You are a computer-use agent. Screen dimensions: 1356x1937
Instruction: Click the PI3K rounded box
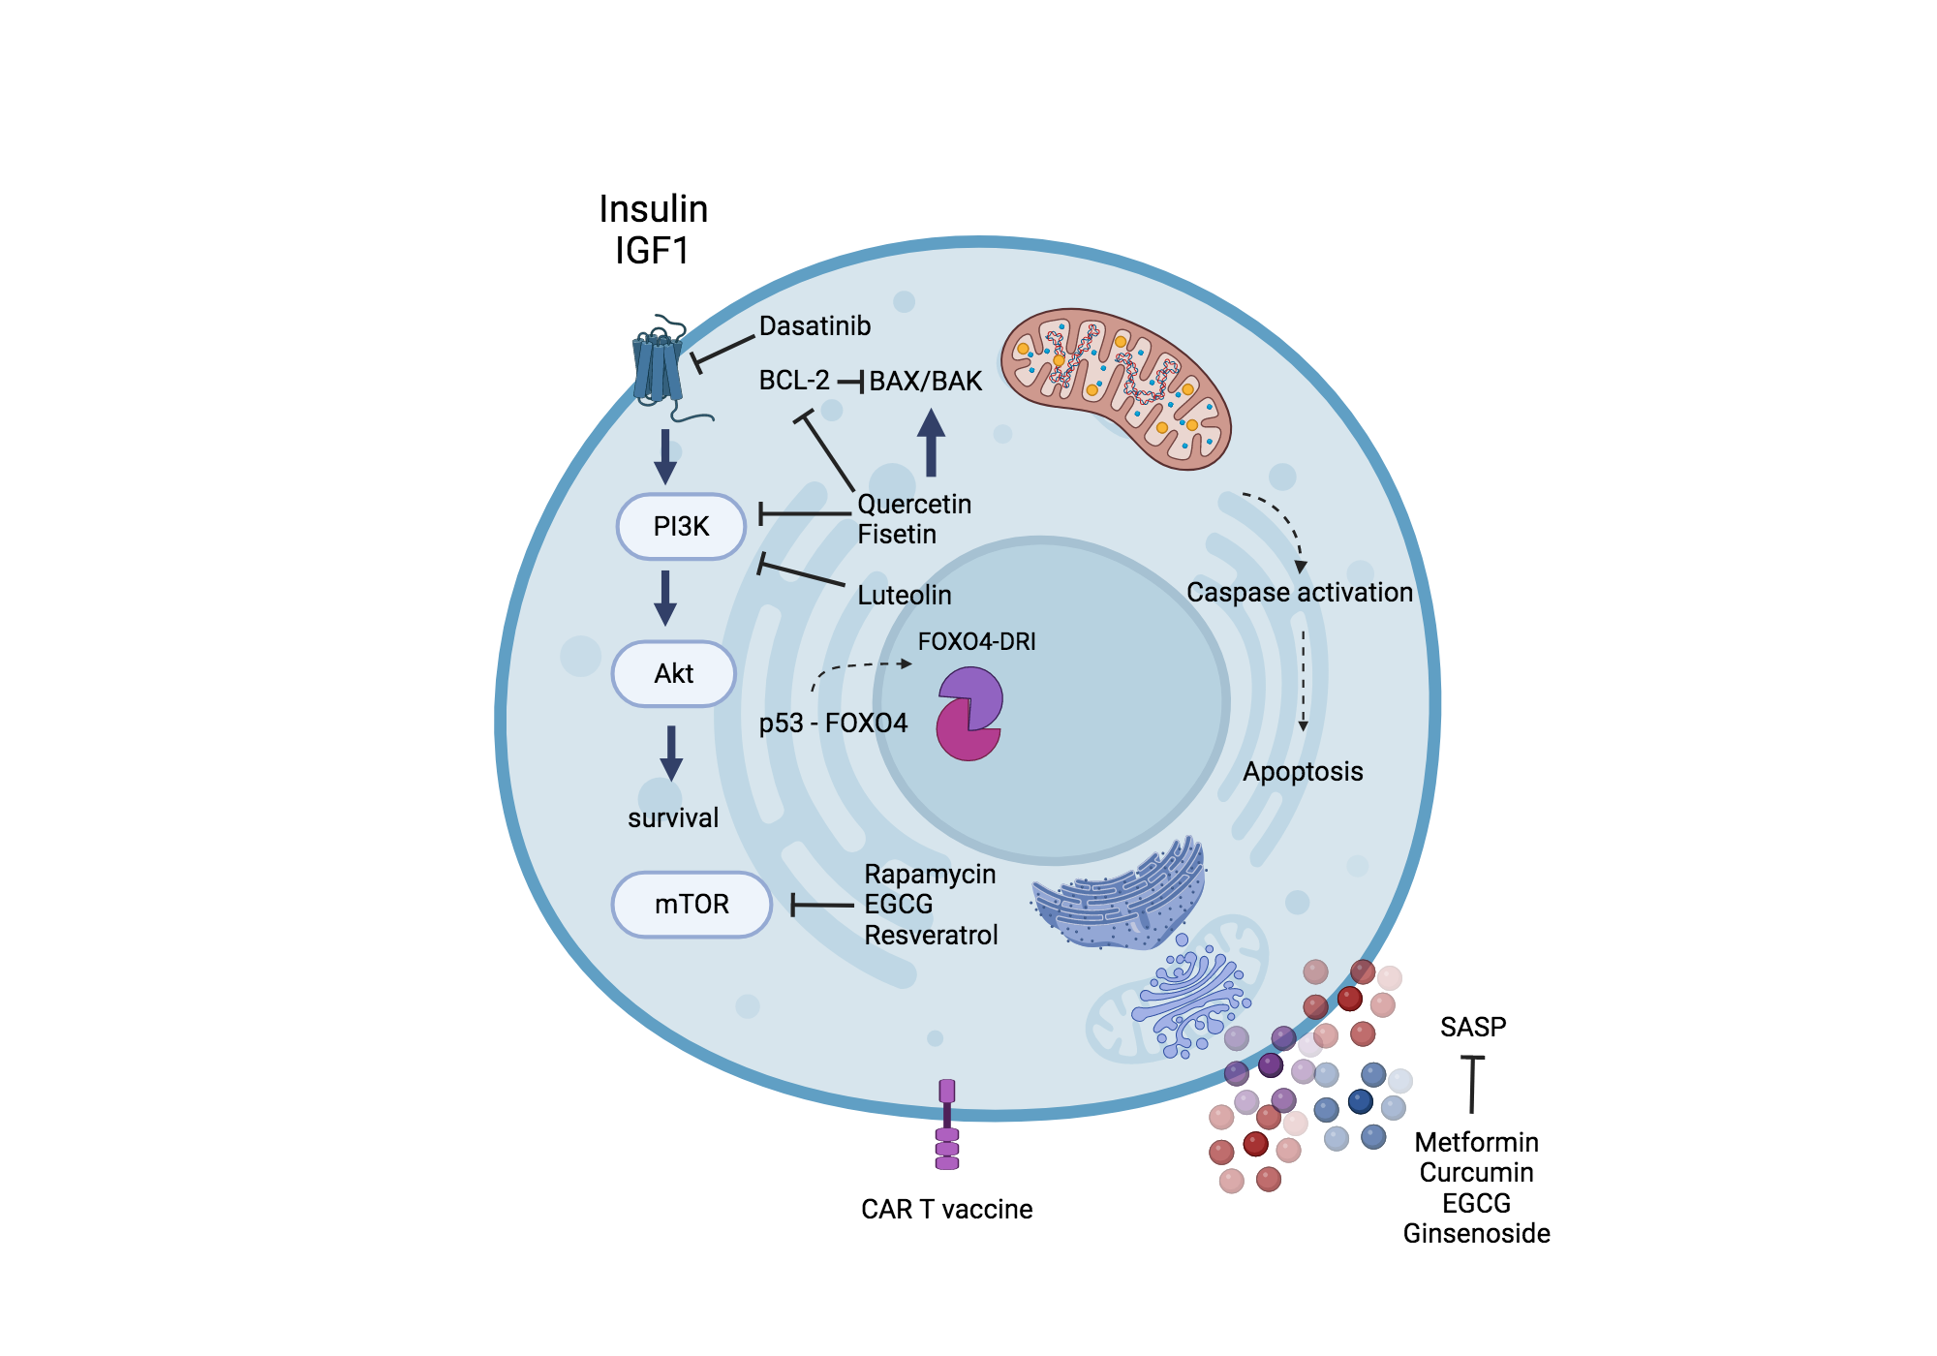[681, 527]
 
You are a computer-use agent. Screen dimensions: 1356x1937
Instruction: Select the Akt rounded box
[674, 674]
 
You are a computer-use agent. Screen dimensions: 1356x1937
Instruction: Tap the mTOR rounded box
[692, 905]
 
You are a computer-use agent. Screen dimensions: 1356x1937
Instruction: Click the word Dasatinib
[815, 326]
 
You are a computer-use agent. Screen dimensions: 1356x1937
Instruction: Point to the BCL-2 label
[794, 381]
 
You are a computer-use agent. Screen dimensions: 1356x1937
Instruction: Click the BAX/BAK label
[925, 382]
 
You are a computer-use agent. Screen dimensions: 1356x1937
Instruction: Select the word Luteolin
[905, 595]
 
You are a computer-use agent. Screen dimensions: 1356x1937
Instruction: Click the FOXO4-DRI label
[976, 641]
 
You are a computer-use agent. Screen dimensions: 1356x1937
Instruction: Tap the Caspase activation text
[1299, 592]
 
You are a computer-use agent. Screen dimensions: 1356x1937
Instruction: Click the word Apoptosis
[1303, 772]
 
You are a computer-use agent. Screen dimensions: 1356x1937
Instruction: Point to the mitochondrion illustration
[1116, 387]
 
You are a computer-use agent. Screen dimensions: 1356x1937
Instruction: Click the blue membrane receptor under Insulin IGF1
[659, 368]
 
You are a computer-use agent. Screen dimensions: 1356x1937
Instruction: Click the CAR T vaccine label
[946, 1210]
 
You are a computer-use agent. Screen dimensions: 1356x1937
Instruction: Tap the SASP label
[1473, 1027]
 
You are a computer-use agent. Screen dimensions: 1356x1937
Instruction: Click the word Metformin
[1476, 1143]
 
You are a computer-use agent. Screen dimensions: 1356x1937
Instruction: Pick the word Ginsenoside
[1476, 1234]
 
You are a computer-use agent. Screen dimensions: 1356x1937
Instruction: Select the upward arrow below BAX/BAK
[931, 443]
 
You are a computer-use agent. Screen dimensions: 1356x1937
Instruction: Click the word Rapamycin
[930, 875]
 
